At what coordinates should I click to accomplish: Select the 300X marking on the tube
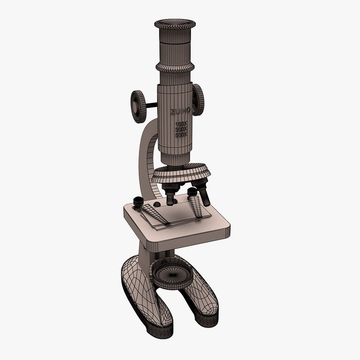pyautogui.click(x=182, y=129)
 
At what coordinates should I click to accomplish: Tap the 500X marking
pyautogui.click(x=182, y=134)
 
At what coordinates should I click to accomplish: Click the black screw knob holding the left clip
pyautogui.click(x=138, y=201)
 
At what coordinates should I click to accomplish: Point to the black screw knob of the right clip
pyautogui.click(x=192, y=193)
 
